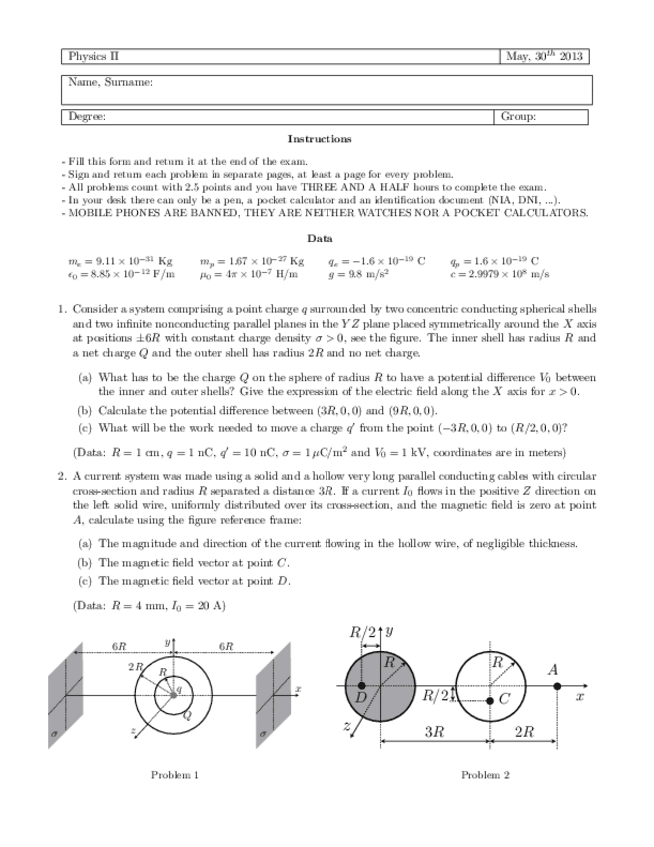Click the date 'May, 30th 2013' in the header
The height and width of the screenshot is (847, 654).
[x=544, y=56]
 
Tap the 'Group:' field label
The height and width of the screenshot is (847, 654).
[x=519, y=117]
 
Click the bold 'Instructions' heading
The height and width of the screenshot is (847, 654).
[x=319, y=139]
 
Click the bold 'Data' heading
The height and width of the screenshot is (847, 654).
[x=320, y=239]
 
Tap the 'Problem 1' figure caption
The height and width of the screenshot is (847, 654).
[x=175, y=775]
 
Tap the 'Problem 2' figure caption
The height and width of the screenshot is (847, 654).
[x=485, y=775]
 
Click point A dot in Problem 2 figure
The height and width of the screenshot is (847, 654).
[x=557, y=686]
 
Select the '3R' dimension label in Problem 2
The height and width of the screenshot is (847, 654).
[x=434, y=732]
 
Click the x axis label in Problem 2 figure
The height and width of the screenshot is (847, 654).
[x=579, y=698]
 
